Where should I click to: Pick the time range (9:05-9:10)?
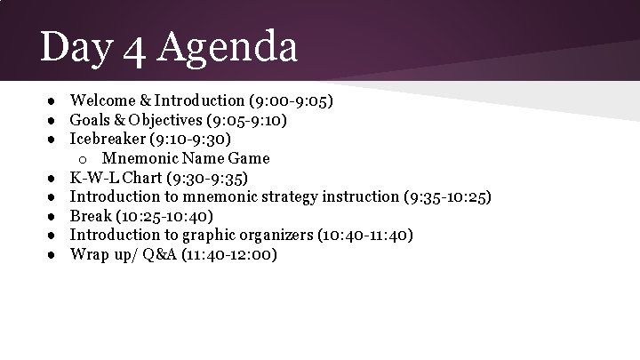pyautogui.click(x=258, y=120)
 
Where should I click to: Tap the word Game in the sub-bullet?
pyautogui.click(x=250, y=158)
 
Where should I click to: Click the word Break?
pyautogui.click(x=92, y=216)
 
